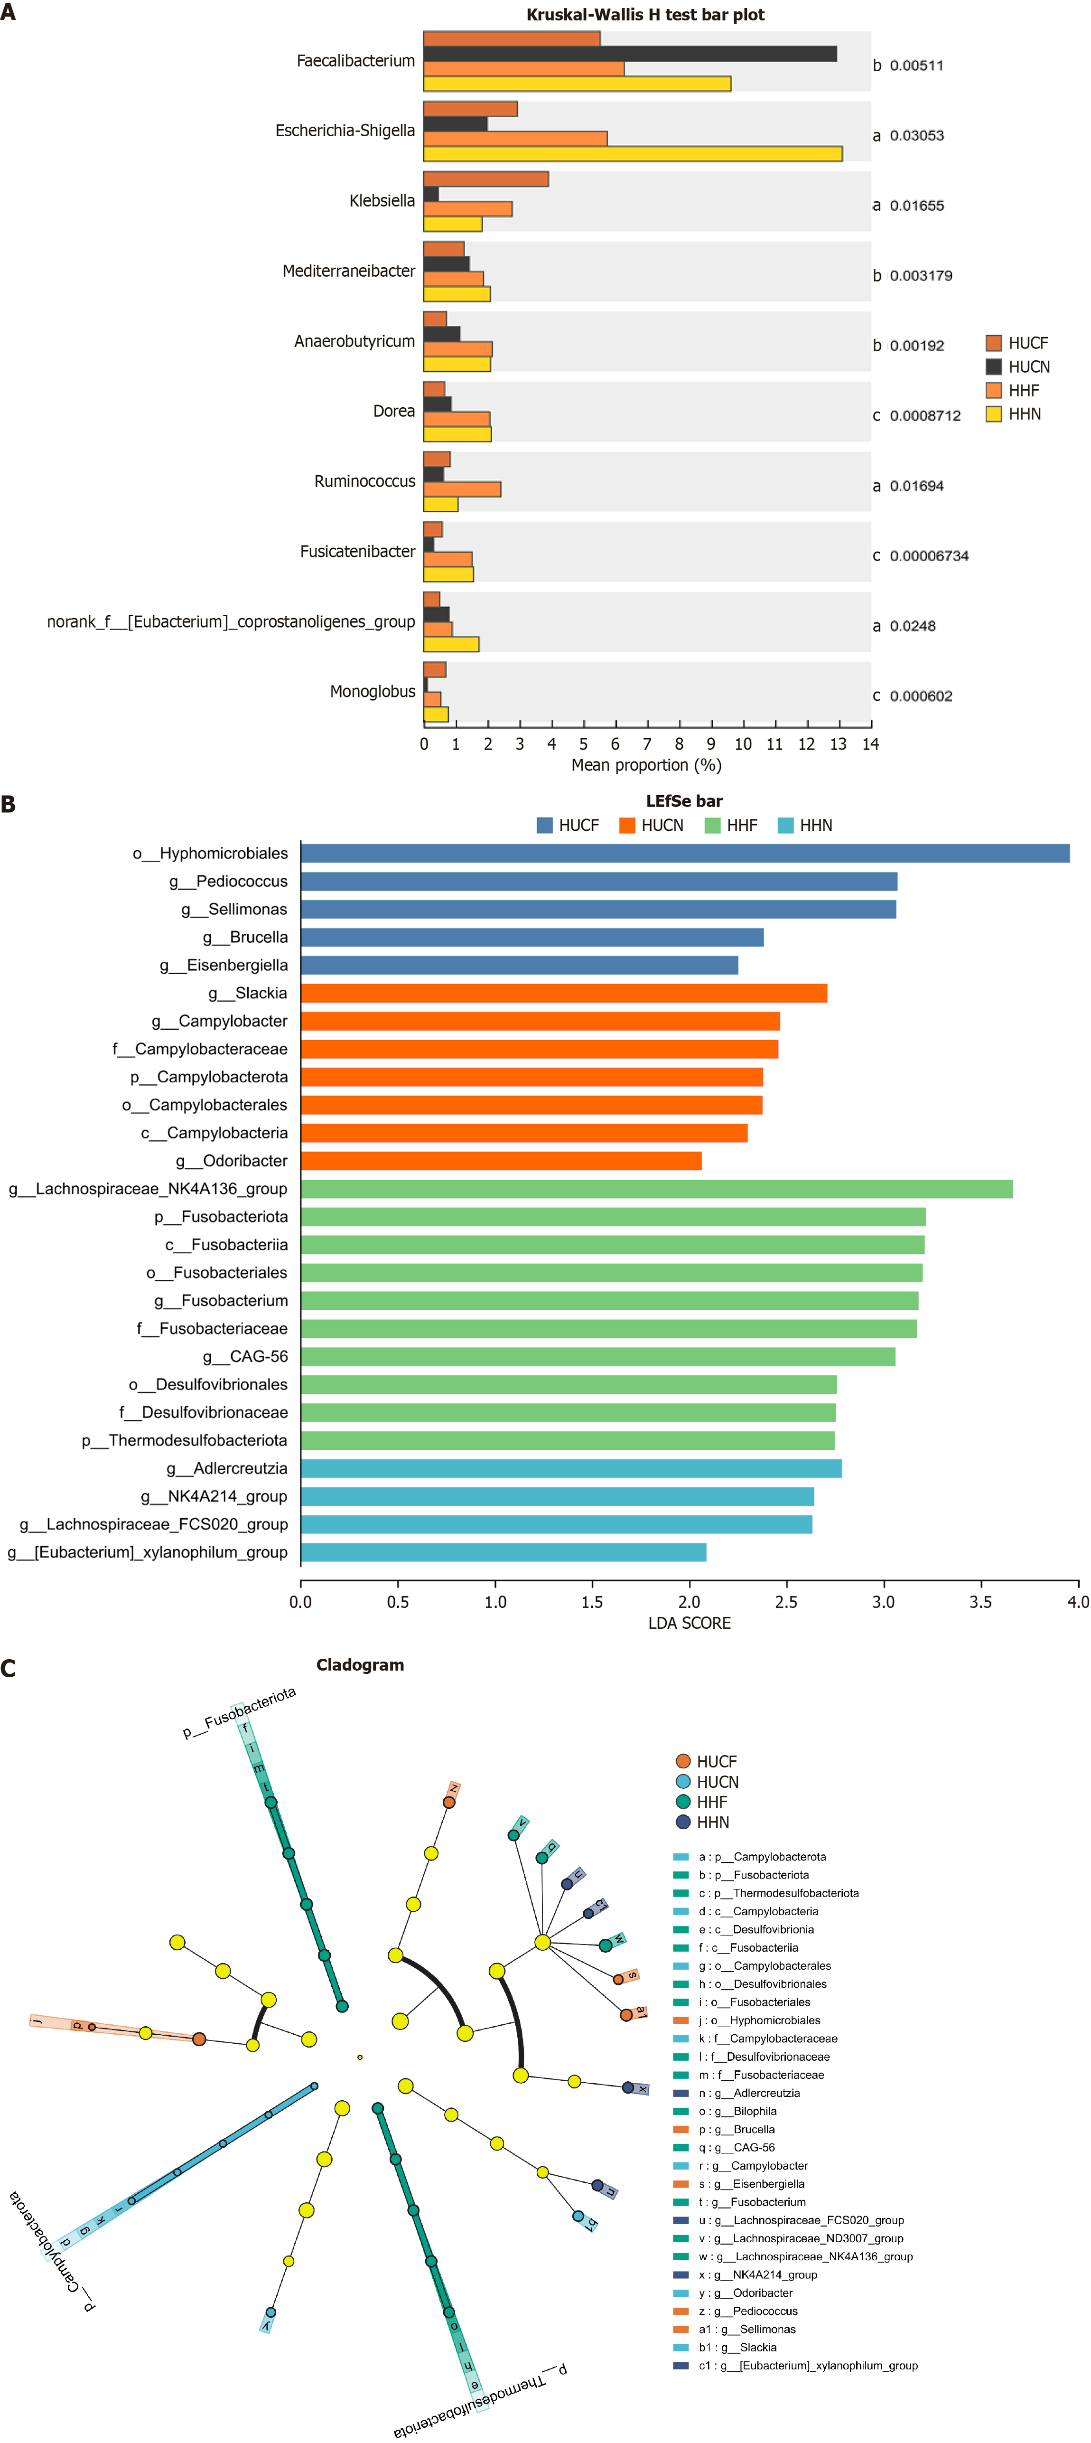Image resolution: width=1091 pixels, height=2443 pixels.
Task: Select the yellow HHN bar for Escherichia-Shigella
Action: [x=632, y=154]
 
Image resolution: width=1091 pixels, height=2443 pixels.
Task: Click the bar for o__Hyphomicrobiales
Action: [x=684, y=854]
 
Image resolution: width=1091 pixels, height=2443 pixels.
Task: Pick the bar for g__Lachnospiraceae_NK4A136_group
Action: [x=656, y=1189]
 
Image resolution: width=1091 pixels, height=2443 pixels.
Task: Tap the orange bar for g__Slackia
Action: [x=563, y=993]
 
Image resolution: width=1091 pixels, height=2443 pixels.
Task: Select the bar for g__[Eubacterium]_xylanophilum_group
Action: [x=503, y=1552]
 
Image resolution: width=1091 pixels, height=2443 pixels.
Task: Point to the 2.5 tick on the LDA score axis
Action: [x=786, y=1602]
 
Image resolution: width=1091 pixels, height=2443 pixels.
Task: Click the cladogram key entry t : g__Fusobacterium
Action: [x=754, y=2202]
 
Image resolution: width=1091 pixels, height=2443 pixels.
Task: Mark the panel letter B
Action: [x=9, y=804]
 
